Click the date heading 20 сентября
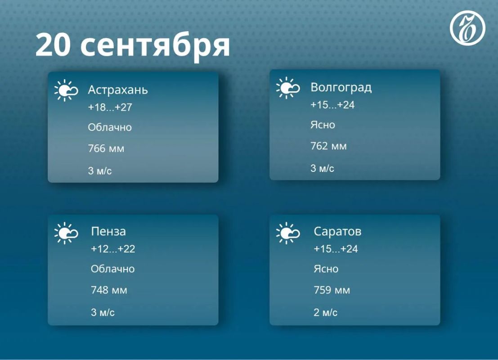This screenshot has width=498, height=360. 132,45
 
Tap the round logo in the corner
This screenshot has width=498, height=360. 467,27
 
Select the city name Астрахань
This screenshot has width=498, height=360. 118,90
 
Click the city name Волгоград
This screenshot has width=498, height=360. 341,87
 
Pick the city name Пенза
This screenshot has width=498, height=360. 108,231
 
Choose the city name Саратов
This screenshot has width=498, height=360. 337,231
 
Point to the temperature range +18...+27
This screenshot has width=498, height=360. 110,108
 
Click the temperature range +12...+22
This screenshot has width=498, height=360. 113,249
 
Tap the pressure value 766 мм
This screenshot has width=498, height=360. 106,148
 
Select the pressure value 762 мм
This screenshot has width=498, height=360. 328,146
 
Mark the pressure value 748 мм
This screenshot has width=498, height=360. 109,290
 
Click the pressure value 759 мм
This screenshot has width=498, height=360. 332,290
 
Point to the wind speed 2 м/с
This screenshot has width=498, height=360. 325,312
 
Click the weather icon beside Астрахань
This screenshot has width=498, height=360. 66,90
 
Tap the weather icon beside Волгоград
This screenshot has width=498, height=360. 288,88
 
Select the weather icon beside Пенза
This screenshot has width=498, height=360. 66,233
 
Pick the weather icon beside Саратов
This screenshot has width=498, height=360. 288,233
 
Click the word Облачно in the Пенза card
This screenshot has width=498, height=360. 113,269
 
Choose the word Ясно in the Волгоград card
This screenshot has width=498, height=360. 323,125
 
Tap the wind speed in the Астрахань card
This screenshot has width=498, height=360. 100,171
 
